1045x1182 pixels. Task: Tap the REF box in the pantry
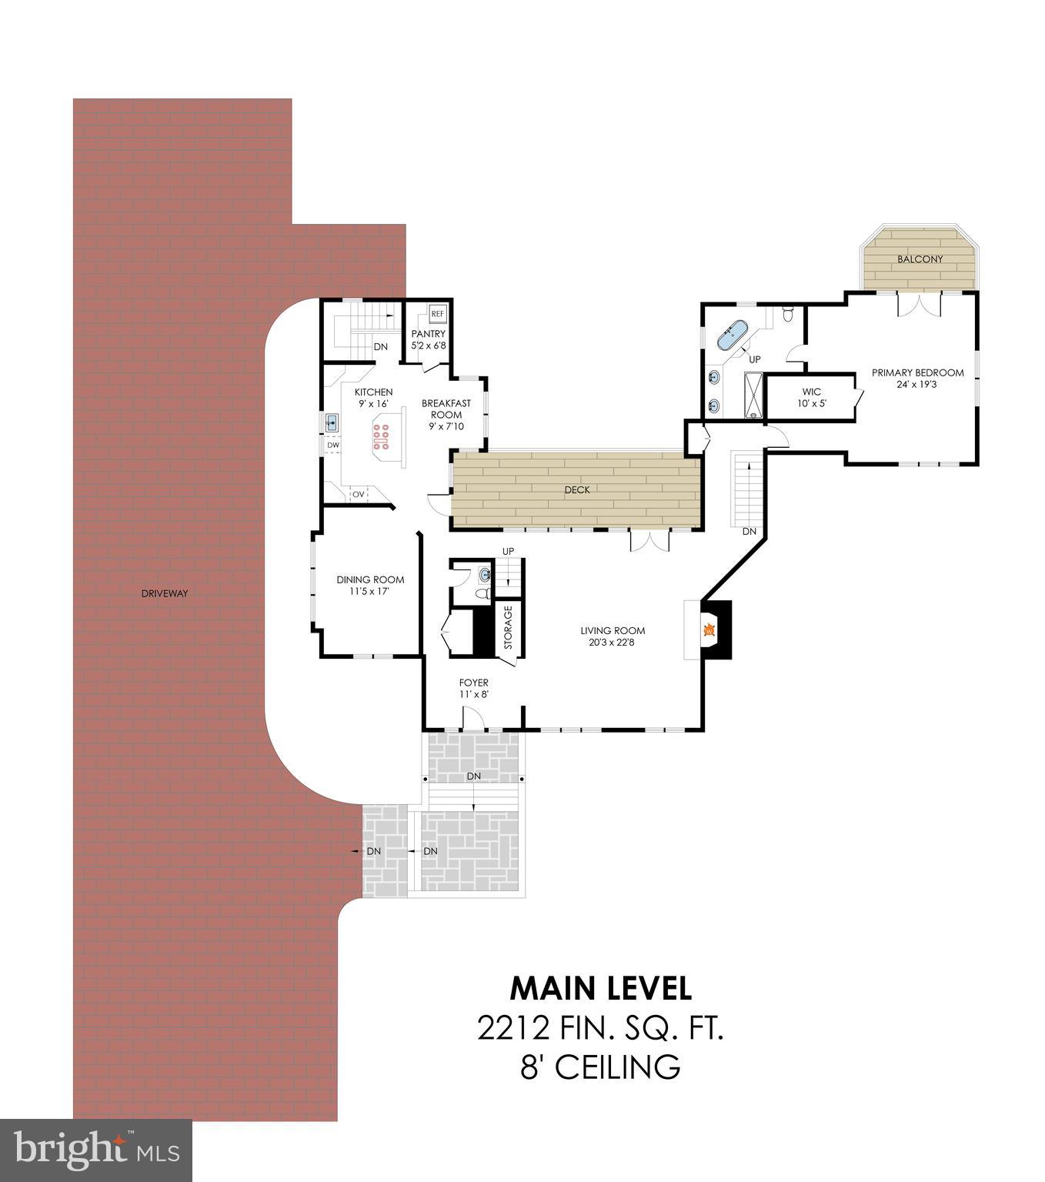tap(437, 314)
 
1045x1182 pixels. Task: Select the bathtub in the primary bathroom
tap(732, 335)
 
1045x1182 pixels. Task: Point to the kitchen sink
tap(332, 422)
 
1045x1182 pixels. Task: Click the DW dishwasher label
tap(333, 445)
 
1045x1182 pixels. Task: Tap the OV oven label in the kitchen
tap(359, 494)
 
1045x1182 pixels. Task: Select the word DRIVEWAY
tap(165, 593)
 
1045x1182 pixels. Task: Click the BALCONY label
tap(920, 259)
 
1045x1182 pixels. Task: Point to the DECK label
tap(576, 489)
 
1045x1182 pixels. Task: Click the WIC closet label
tap(812, 392)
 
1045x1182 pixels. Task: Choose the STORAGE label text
tap(508, 627)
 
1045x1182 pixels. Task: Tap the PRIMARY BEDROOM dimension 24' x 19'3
tap(917, 384)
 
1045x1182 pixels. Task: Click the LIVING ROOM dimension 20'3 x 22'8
tap(613, 642)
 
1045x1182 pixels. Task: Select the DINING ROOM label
tap(370, 579)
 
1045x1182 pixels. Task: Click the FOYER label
tap(473, 683)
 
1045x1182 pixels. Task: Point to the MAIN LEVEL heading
tap(600, 988)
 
